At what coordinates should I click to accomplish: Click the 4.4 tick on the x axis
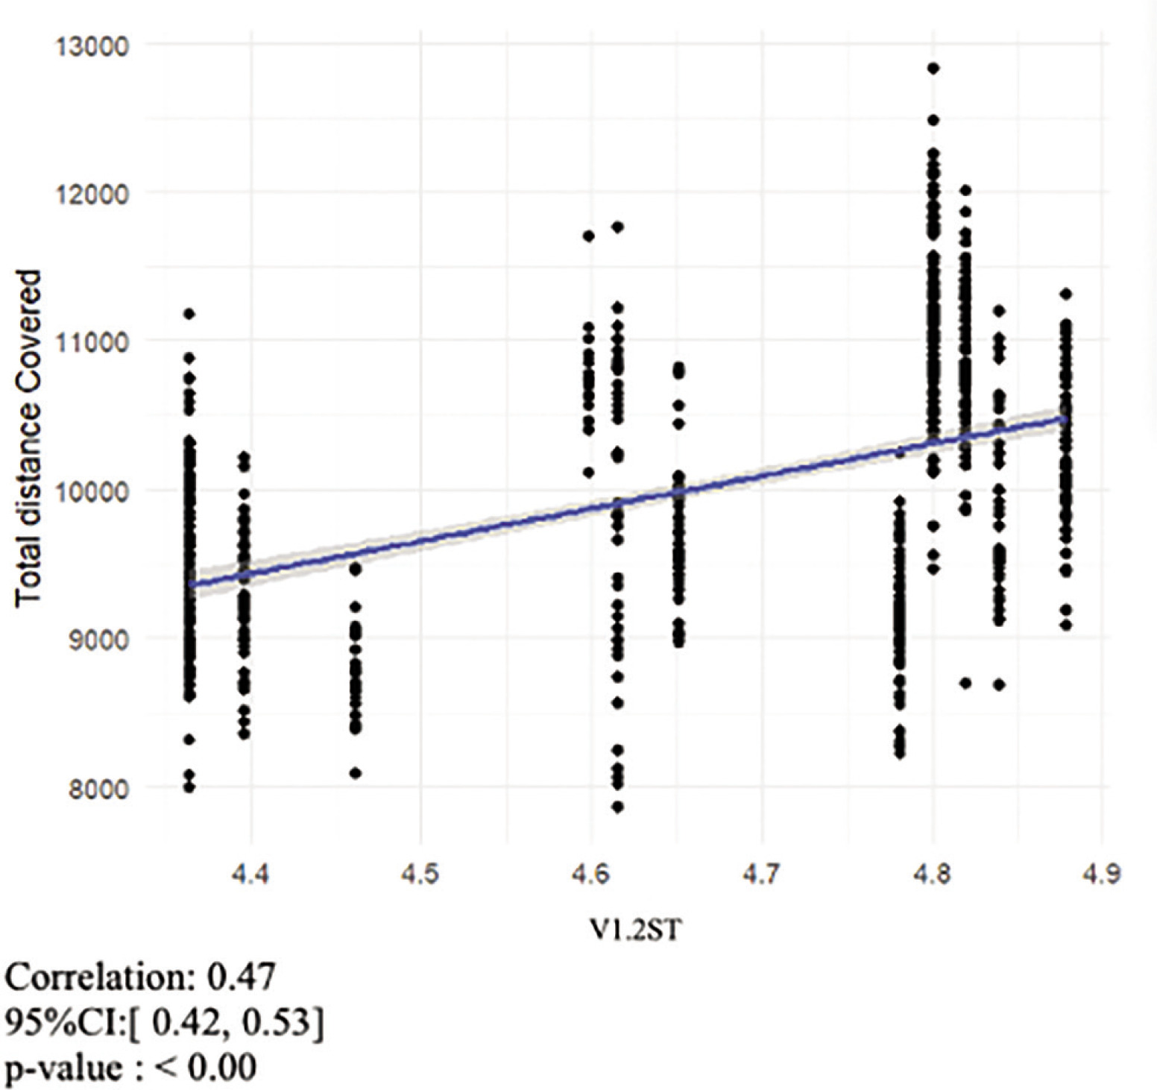(250, 875)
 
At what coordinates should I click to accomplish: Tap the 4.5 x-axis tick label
(420, 875)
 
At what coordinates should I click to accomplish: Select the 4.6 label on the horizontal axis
(590, 875)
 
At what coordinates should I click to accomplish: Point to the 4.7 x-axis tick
(761, 875)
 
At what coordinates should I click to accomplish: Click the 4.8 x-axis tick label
(932, 875)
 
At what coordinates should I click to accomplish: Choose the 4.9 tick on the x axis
(1102, 875)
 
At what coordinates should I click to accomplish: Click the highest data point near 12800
(933, 69)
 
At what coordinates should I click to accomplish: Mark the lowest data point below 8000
(617, 807)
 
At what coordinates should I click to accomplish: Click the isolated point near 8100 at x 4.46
(356, 773)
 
